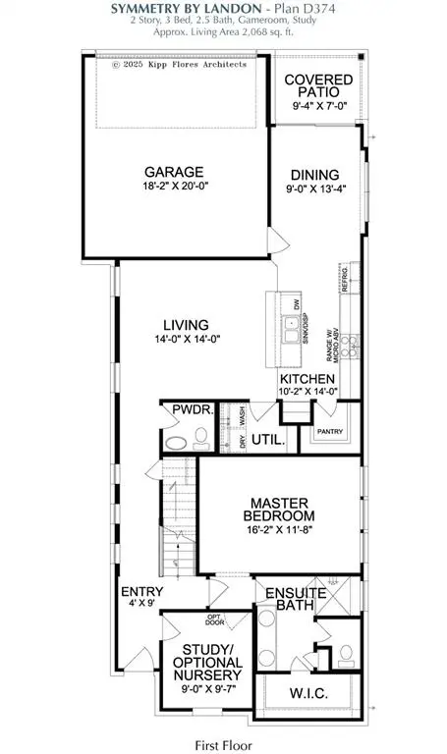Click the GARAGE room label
point(177,170)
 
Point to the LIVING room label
point(186,324)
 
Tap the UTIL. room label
point(268,441)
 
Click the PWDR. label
point(188,411)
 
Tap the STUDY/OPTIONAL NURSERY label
point(212,663)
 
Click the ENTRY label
point(135,592)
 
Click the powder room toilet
point(175,444)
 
